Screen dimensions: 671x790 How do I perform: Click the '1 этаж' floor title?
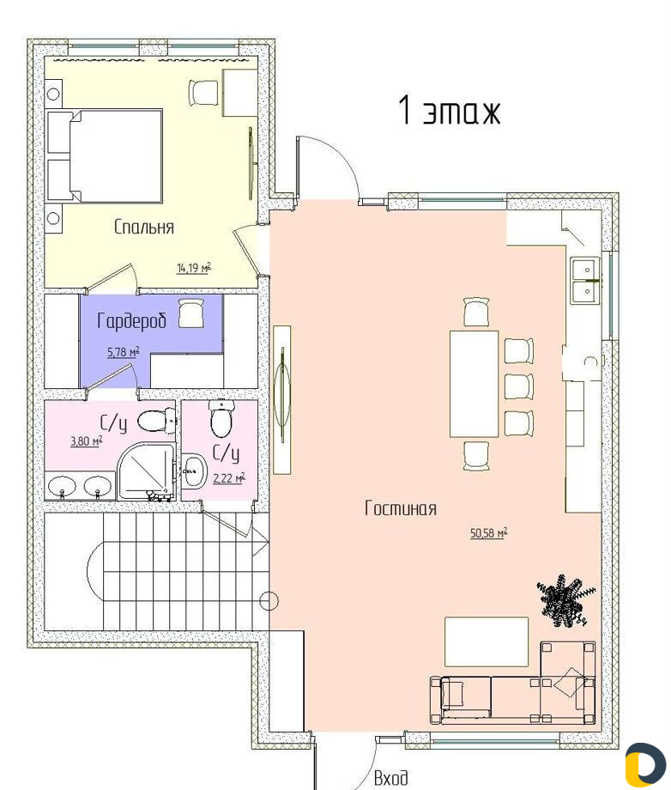[449, 110]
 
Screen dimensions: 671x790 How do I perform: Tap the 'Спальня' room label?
[144, 227]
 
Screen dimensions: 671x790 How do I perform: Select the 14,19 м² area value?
[194, 267]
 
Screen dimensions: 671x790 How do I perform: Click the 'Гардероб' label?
[131, 320]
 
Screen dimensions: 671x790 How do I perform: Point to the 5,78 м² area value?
[124, 352]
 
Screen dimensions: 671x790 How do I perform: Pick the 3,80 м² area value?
[87, 441]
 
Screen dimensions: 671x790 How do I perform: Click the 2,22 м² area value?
[229, 477]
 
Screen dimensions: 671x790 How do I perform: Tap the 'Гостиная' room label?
[401, 508]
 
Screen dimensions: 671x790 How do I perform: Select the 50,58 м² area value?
[489, 532]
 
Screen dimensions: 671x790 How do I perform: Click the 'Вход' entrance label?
[391, 779]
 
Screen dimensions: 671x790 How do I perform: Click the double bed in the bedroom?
[105, 156]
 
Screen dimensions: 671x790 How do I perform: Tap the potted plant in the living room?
[565, 600]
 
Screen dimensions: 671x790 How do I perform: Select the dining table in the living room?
[475, 384]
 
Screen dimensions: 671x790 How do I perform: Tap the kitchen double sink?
[585, 280]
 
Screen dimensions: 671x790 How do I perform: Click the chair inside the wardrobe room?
[192, 313]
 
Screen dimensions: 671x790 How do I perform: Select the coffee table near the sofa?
[487, 642]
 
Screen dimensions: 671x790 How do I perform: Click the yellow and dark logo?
[644, 765]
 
